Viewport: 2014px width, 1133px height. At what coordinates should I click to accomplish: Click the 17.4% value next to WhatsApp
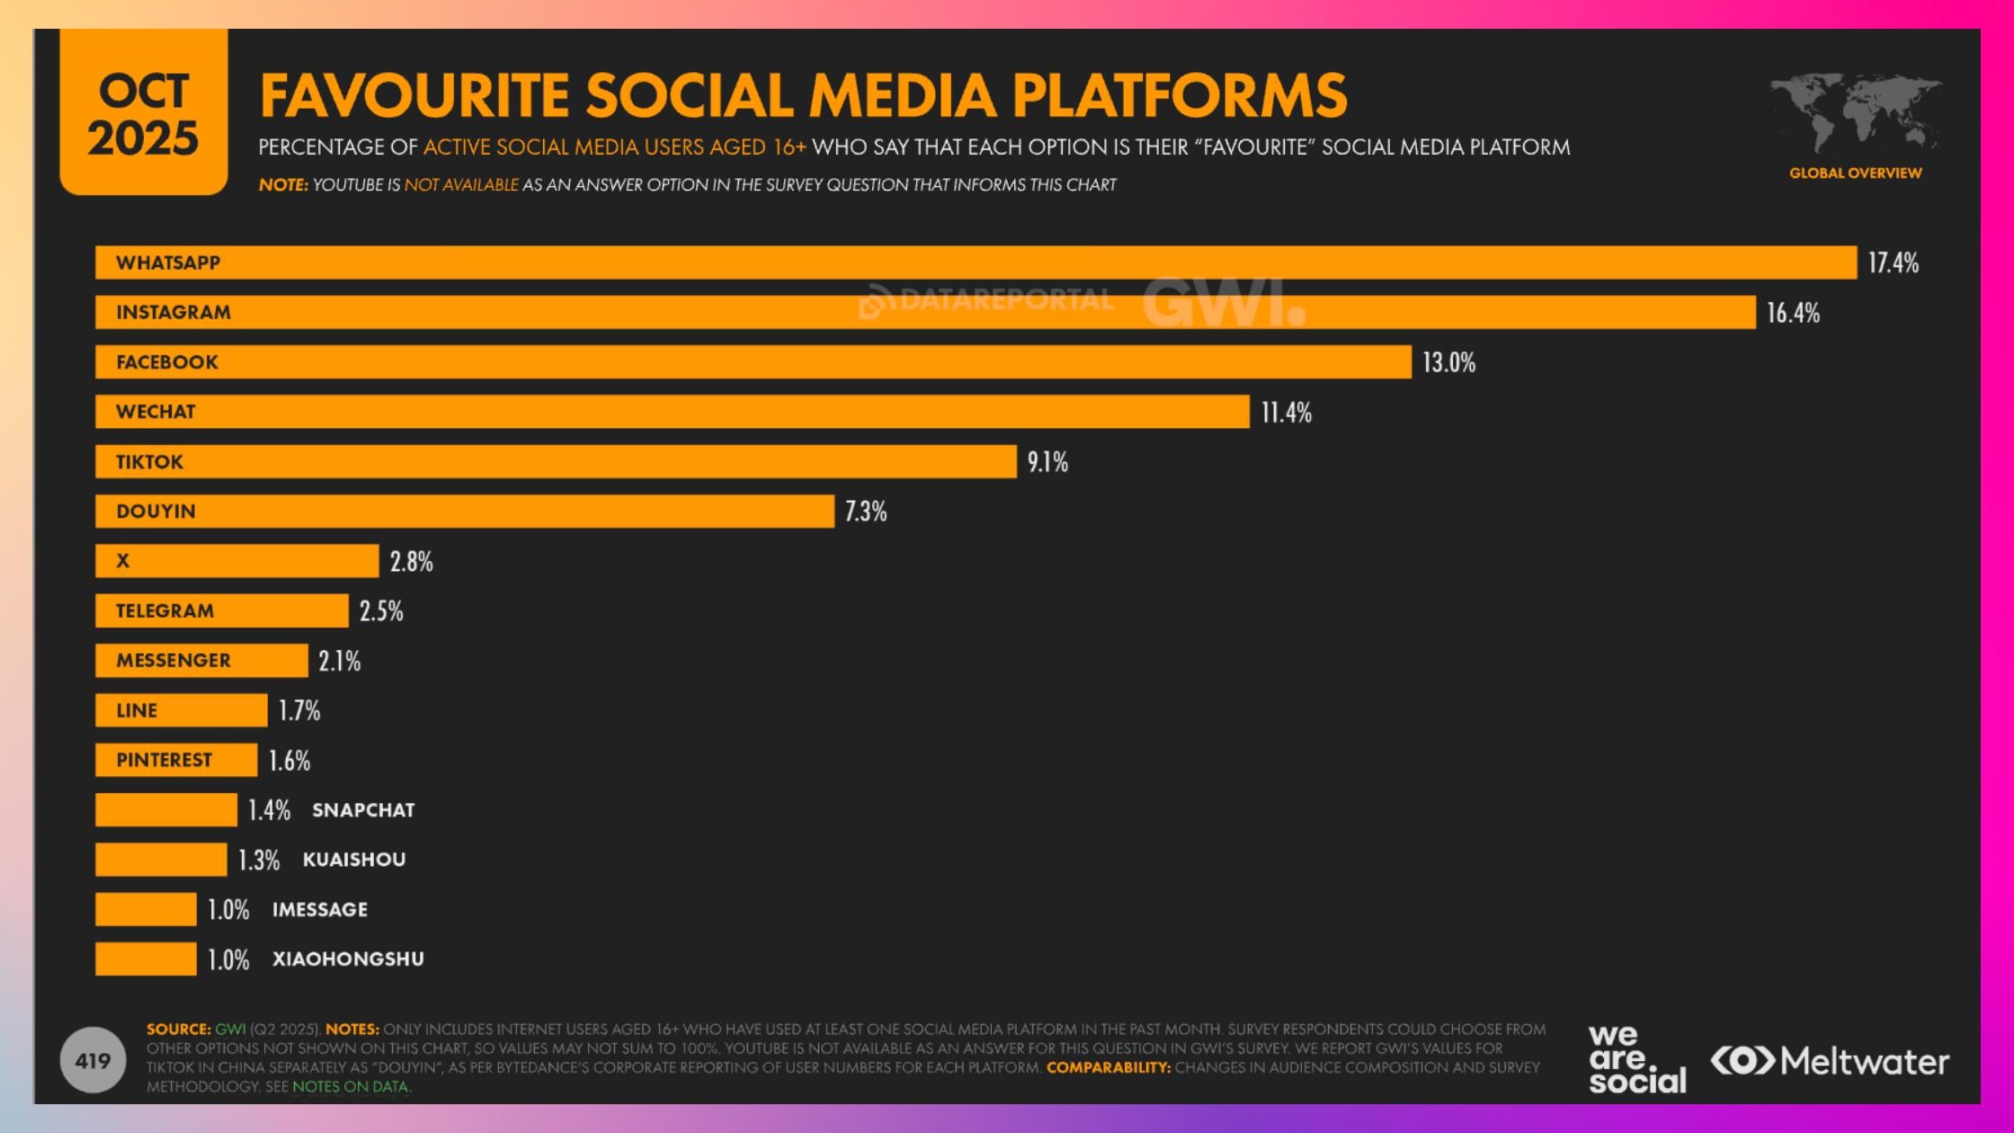[1893, 263]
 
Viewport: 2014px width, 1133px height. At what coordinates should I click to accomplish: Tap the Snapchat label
[363, 810]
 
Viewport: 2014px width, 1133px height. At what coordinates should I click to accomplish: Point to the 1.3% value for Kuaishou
[259, 861]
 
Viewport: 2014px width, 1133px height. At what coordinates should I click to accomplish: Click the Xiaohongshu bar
[146, 959]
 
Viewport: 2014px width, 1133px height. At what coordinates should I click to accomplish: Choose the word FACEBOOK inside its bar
[167, 362]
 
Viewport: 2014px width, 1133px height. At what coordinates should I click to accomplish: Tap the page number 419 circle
[93, 1061]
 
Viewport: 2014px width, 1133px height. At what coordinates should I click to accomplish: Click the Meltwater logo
[1830, 1062]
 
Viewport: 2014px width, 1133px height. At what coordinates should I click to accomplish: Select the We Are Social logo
[1636, 1061]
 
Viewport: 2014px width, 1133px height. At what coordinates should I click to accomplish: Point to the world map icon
[1855, 112]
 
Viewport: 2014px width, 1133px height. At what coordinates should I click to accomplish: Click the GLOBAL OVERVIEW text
[1855, 173]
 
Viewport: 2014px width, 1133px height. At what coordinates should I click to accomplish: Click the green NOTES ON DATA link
[350, 1086]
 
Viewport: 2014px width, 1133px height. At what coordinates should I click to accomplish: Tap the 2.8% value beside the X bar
[411, 562]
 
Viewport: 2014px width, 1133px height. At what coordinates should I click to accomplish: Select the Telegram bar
[221, 611]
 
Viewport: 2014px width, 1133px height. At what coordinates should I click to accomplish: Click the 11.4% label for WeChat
[1286, 413]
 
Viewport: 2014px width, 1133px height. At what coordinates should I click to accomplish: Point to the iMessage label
[320, 910]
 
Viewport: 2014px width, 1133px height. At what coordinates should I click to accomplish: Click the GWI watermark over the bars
[1223, 303]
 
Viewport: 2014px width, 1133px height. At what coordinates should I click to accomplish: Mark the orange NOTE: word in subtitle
[283, 185]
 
